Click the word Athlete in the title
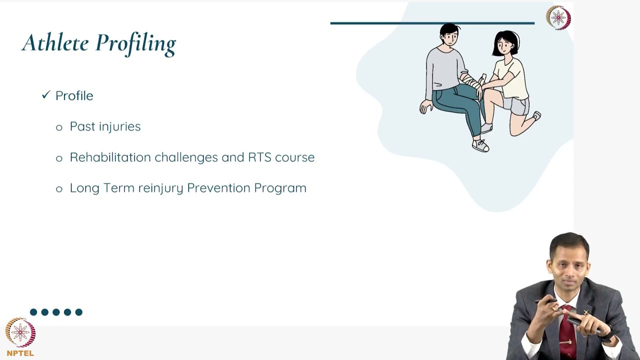[55, 43]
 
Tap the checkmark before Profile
[46, 94]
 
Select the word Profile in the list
[74, 95]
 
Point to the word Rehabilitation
[110, 157]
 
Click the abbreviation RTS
[260, 157]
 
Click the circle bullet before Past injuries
[59, 127]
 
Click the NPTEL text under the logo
[20, 353]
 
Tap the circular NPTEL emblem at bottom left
[20, 332]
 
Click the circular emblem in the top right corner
[558, 18]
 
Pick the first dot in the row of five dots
[33, 312]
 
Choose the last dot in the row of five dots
[78, 312]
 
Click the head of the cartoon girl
[506, 43]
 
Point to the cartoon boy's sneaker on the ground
[480, 145]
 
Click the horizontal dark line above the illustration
[432, 23]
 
